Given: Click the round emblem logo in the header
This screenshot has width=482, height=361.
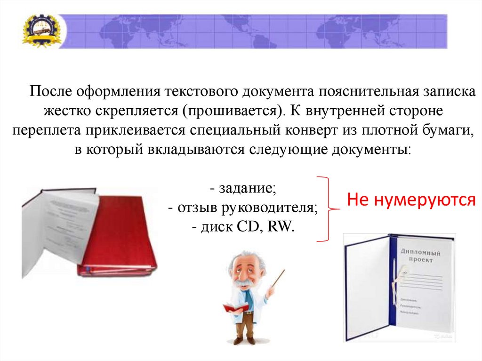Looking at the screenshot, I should pyautogui.click(x=41, y=31).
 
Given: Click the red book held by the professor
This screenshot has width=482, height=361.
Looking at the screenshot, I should pyautogui.click(x=235, y=308).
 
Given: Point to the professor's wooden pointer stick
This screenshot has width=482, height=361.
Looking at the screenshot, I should pyautogui.click(x=278, y=278).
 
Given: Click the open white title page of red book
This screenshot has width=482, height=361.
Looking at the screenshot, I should pyautogui.click(x=66, y=221).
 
